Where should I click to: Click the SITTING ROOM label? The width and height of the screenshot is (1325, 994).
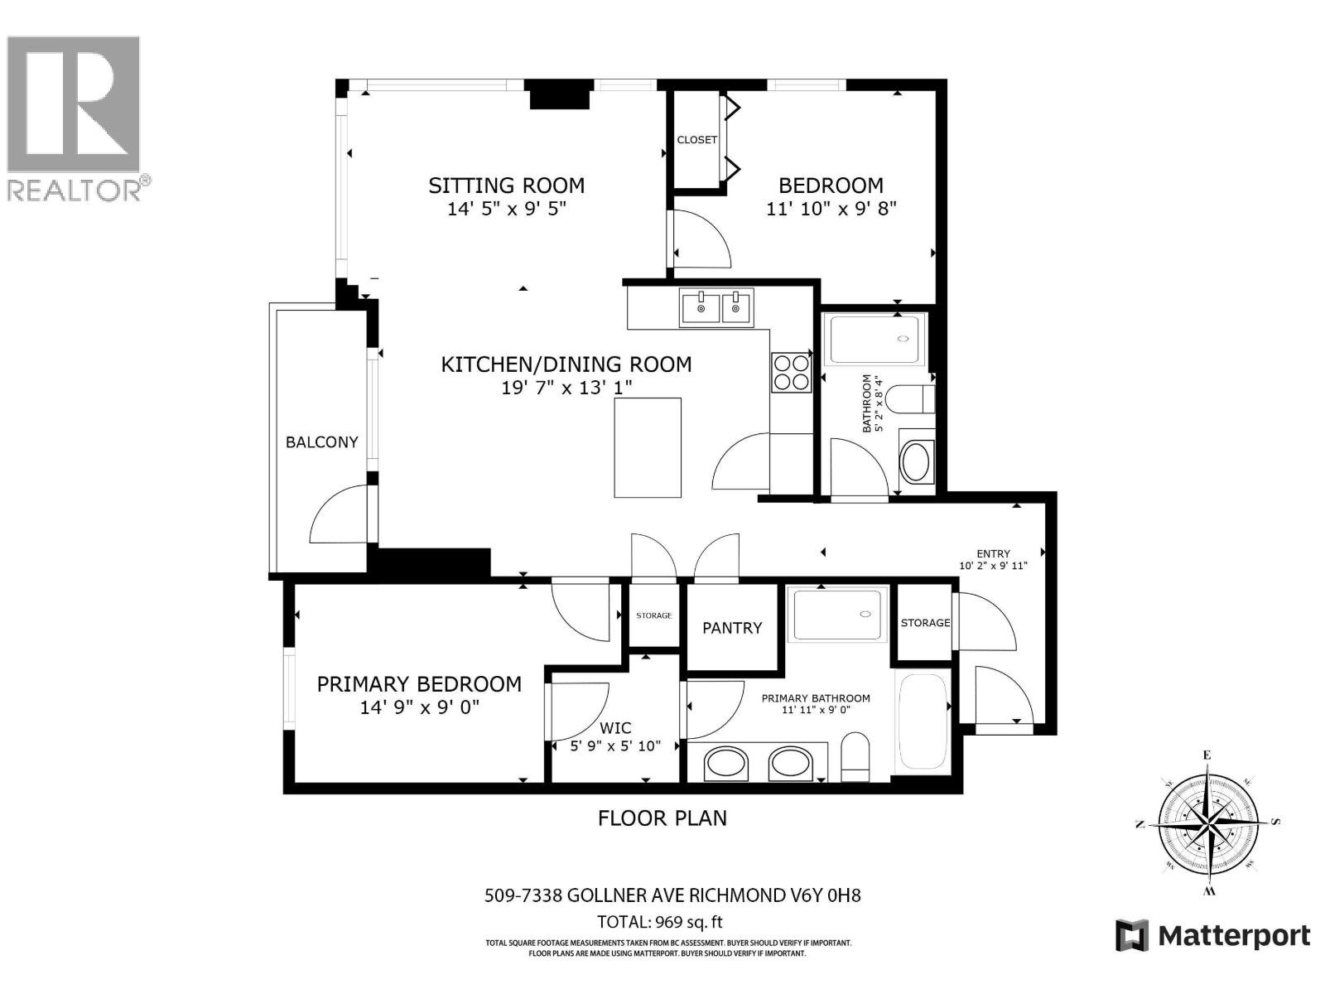click(506, 186)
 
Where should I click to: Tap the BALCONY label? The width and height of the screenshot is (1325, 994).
click(321, 442)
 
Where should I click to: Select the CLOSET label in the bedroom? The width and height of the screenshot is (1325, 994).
click(696, 140)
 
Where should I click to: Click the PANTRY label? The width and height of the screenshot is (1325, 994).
click(732, 628)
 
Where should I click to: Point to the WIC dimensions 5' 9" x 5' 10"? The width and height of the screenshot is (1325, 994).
click(615, 745)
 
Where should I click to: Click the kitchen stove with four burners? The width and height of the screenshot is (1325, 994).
click(791, 372)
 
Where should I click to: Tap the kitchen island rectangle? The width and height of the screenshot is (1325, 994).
click(648, 447)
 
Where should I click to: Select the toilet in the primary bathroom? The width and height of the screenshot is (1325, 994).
click(855, 757)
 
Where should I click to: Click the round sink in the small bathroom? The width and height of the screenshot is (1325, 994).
click(915, 462)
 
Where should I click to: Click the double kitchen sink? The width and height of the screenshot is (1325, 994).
click(716, 307)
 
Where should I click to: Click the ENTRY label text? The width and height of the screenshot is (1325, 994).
click(993, 554)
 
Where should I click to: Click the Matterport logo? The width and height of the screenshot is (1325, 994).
click(1213, 936)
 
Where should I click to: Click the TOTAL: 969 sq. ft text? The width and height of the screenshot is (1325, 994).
click(660, 922)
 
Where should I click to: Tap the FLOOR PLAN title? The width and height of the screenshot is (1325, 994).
click(662, 818)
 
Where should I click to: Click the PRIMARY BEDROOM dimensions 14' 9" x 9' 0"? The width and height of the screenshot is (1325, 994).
click(419, 707)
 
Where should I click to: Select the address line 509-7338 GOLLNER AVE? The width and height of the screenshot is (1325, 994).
click(672, 895)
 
